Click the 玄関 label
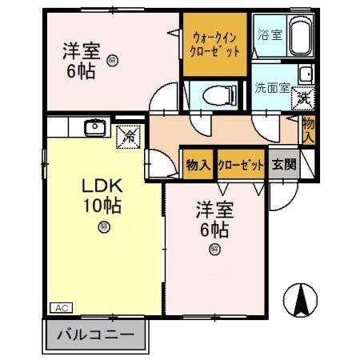click(281, 165)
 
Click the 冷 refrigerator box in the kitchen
click(127, 135)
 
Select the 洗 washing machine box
click(303, 99)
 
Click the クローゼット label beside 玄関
click(241, 165)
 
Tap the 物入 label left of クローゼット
click(197, 165)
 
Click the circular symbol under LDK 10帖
click(103, 226)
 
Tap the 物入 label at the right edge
click(308, 128)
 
